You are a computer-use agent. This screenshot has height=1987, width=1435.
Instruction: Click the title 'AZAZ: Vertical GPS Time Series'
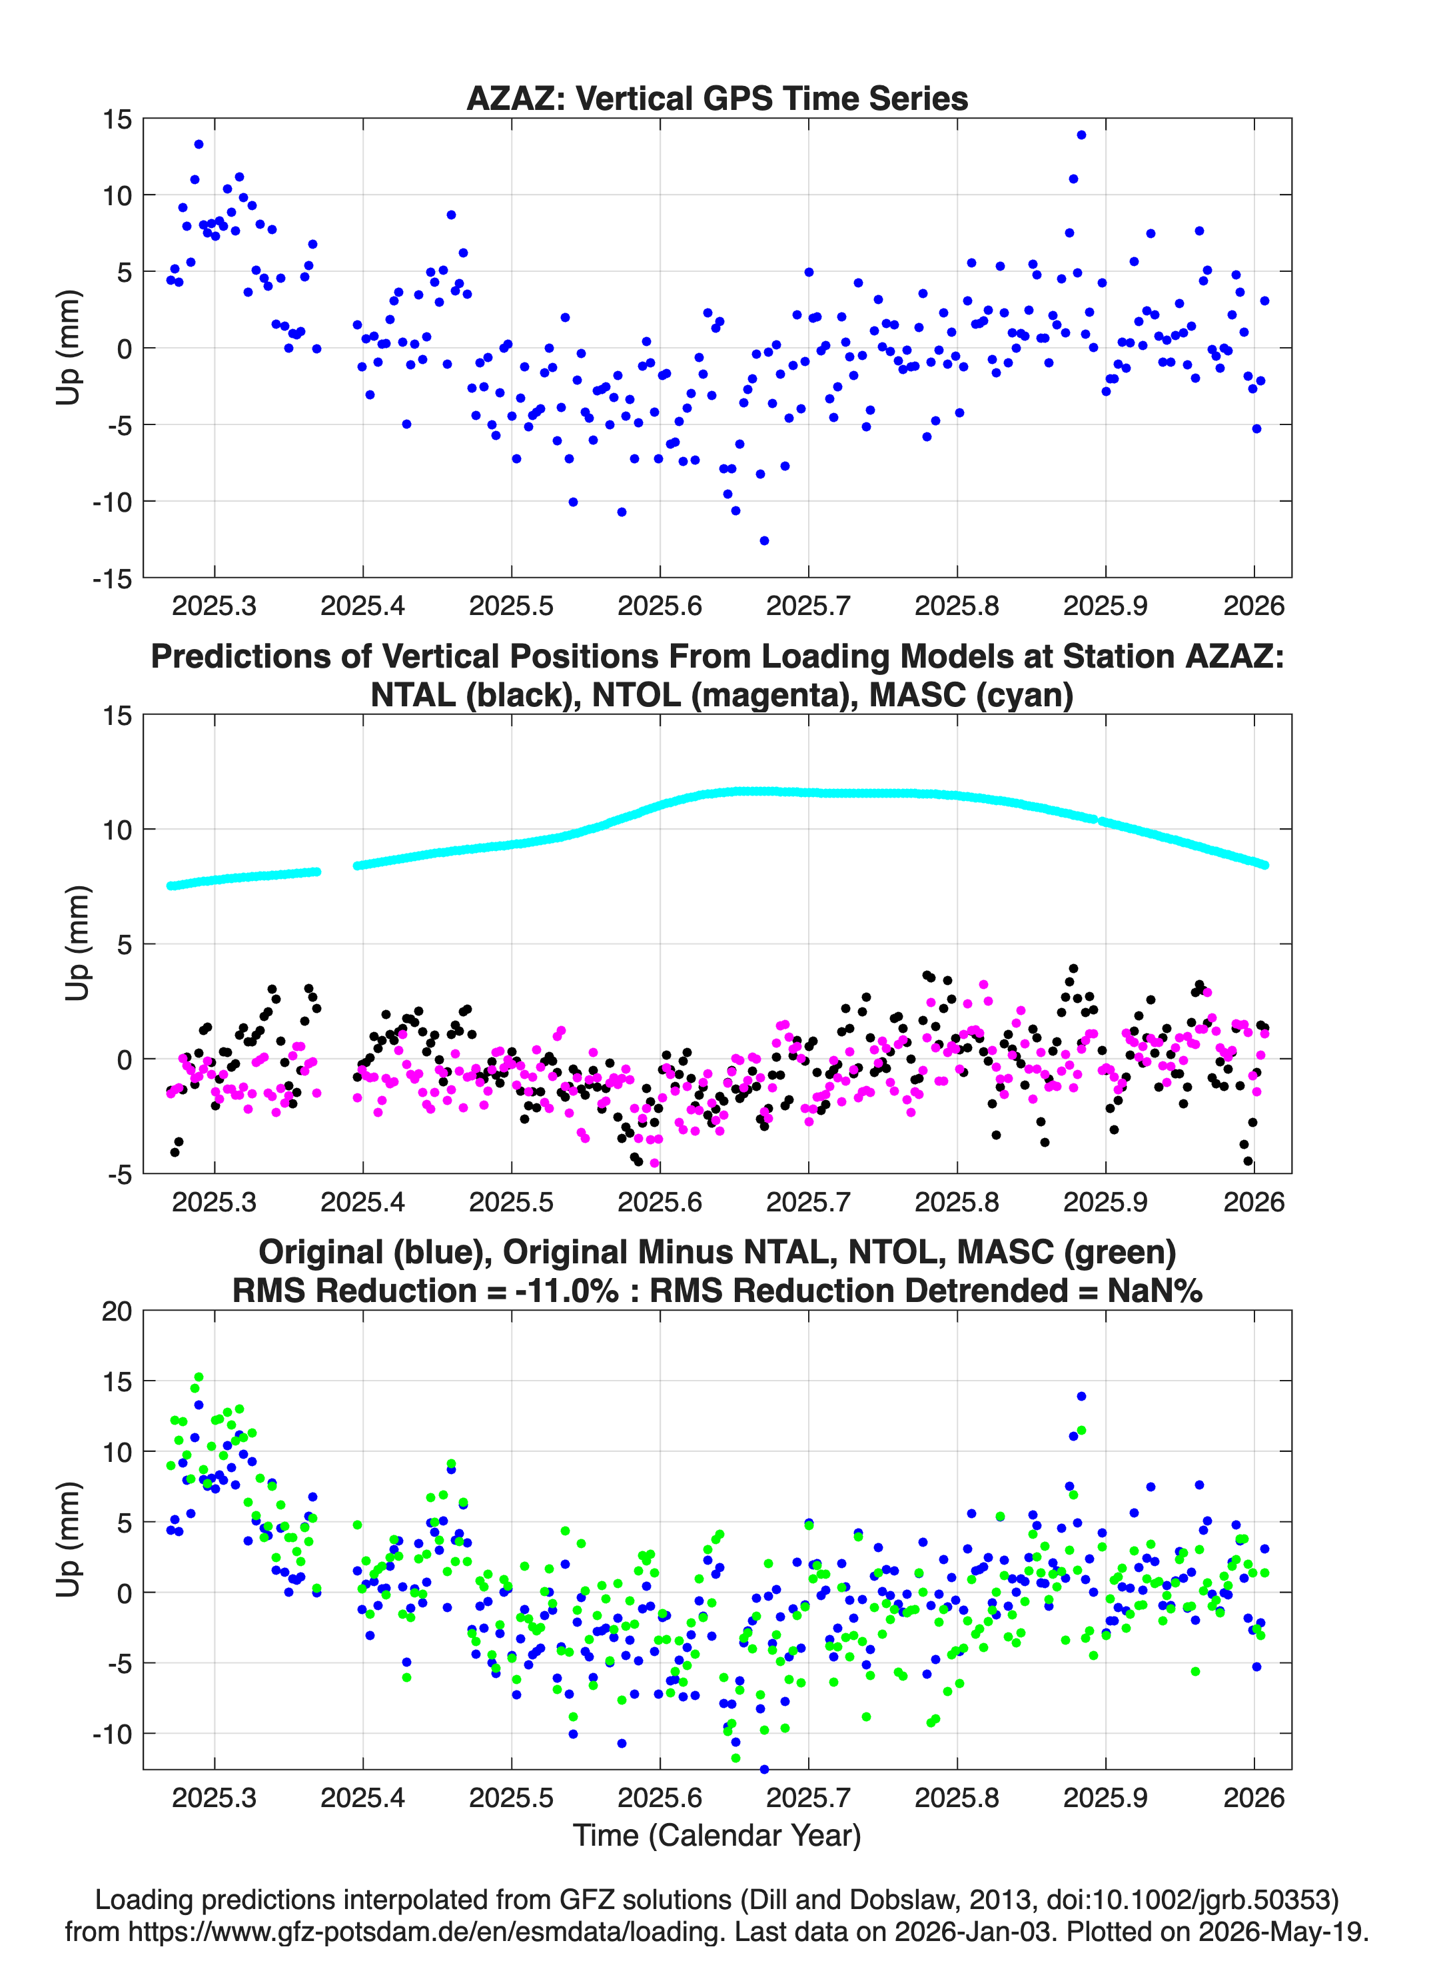point(717,98)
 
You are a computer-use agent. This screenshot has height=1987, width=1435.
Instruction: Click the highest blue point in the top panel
point(1081,135)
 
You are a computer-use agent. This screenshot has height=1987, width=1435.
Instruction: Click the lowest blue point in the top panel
point(764,540)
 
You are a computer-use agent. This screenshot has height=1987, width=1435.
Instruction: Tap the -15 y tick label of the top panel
point(112,578)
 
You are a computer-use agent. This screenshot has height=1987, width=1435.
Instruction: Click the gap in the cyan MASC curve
point(337,868)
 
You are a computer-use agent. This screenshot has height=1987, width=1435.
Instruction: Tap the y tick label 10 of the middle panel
point(117,830)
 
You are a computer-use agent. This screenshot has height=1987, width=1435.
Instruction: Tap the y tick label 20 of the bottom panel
point(117,1311)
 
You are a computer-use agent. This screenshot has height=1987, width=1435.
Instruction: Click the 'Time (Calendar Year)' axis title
point(717,1836)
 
